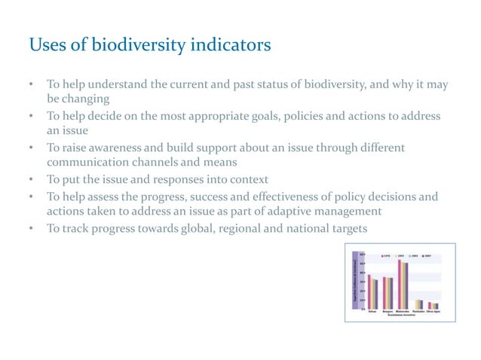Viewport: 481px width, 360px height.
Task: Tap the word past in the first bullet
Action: coord(238,84)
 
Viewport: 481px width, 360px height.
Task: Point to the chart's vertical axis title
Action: coord(354,282)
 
